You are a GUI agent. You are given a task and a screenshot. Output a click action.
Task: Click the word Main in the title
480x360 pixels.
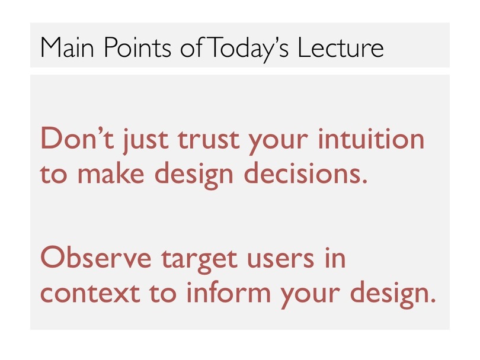(x=67, y=47)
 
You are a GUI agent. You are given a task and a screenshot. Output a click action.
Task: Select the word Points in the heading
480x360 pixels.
(x=137, y=47)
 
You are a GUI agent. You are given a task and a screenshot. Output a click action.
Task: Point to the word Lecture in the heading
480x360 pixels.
(x=340, y=47)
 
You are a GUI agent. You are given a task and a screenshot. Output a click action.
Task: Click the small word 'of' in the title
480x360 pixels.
(x=191, y=47)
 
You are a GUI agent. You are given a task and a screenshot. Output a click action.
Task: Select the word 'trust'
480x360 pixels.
(x=209, y=140)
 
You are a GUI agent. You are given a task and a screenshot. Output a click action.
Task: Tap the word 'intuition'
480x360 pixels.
(x=371, y=138)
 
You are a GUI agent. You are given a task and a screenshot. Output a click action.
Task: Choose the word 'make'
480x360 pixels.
(x=111, y=172)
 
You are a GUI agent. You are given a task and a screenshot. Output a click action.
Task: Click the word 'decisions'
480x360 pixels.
(x=305, y=172)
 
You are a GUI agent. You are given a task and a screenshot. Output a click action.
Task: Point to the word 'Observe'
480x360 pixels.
(x=96, y=257)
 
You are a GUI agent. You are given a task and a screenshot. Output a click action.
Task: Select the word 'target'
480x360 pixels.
(x=199, y=261)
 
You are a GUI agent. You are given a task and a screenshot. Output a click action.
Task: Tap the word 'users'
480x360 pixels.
(x=281, y=259)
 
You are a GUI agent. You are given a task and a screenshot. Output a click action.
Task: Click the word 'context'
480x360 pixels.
(x=90, y=293)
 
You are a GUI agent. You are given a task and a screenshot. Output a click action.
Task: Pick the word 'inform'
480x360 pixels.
(x=229, y=291)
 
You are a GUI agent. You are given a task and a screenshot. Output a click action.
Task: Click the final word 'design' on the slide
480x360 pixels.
(x=393, y=294)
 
